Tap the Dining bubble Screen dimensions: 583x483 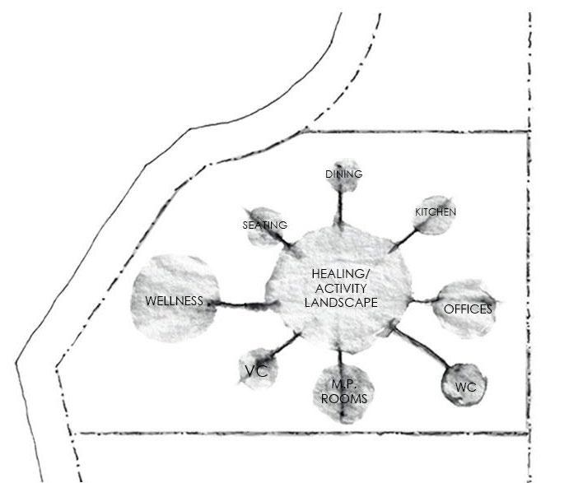pos(343,175)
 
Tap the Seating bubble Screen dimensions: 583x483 pos(264,224)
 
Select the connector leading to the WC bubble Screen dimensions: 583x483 pos(422,349)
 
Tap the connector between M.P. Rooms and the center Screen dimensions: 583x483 pos(341,360)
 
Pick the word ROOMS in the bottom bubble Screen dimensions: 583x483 pos(343,399)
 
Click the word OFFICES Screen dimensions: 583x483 pos(467,309)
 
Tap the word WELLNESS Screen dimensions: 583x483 pos(174,301)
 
